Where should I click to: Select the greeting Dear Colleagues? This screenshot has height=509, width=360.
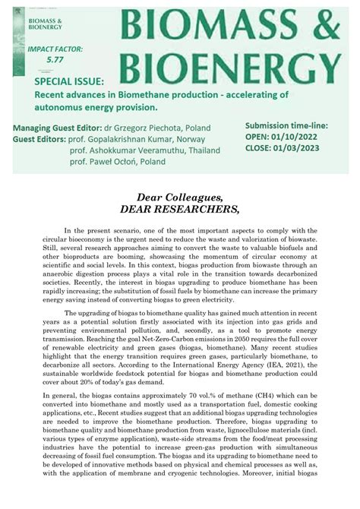[180, 198]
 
